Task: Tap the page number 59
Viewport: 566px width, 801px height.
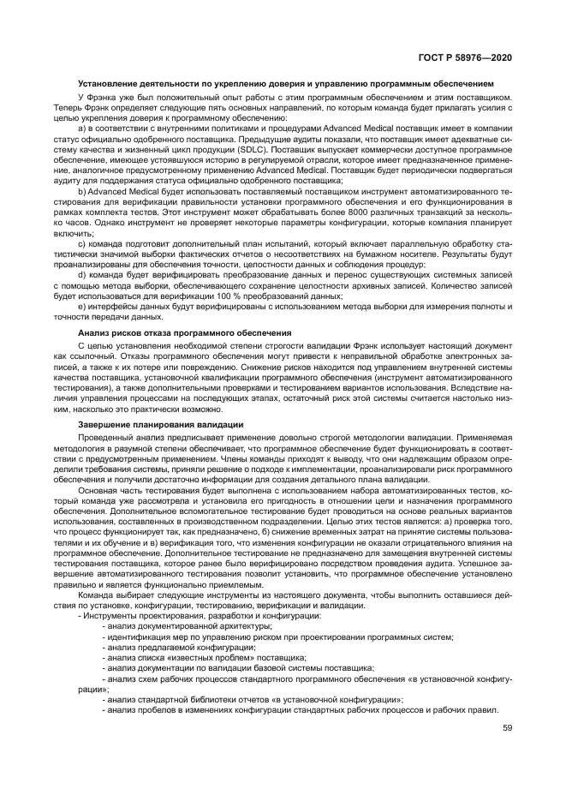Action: coord(507,729)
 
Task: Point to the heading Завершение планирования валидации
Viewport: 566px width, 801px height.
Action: coord(160,425)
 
